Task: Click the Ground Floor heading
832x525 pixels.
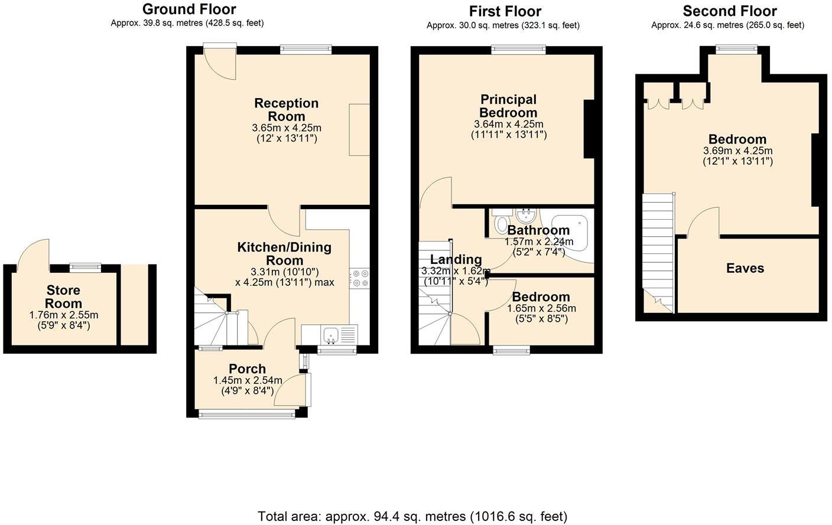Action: [x=189, y=9]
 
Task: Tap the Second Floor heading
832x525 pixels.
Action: [x=729, y=11]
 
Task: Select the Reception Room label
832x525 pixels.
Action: [x=287, y=110]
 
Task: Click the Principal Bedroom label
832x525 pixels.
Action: [x=508, y=106]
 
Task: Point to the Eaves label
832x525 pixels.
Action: [x=745, y=268]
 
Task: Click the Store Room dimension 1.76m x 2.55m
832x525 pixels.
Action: [x=64, y=315]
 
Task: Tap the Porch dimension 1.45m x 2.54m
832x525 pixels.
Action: [x=248, y=380]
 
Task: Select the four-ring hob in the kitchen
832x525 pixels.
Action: [x=360, y=278]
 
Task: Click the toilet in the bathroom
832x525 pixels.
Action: [x=501, y=223]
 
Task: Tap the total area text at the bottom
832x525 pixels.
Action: [x=412, y=517]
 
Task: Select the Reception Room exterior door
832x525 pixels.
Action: [x=220, y=62]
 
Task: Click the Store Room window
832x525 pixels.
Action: [x=85, y=268]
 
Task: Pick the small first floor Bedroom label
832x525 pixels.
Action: [x=541, y=297]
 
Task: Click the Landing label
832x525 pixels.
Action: [x=456, y=259]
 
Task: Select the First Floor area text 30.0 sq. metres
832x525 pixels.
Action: [x=503, y=25]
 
